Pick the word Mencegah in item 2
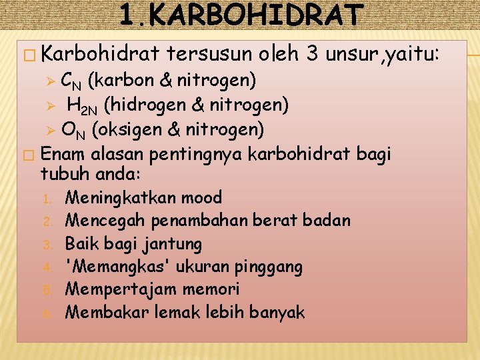click(106, 221)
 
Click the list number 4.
click(47, 268)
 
